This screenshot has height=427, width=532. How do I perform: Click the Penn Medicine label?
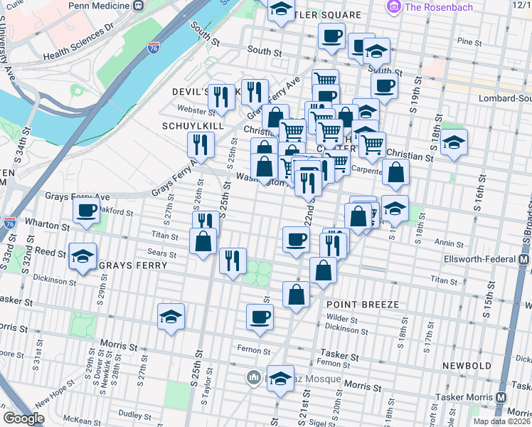click(x=100, y=5)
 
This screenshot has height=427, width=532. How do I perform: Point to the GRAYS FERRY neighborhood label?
click(x=133, y=265)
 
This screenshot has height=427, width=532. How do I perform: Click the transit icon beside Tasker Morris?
click(x=501, y=398)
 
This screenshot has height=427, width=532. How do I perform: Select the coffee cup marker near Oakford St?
click(x=87, y=211)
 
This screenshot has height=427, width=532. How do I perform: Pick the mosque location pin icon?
click(x=252, y=377)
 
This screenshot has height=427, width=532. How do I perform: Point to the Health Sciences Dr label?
click(x=78, y=42)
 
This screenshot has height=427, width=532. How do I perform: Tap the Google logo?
click(x=23, y=419)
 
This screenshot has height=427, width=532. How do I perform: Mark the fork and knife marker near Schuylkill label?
click(x=201, y=144)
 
